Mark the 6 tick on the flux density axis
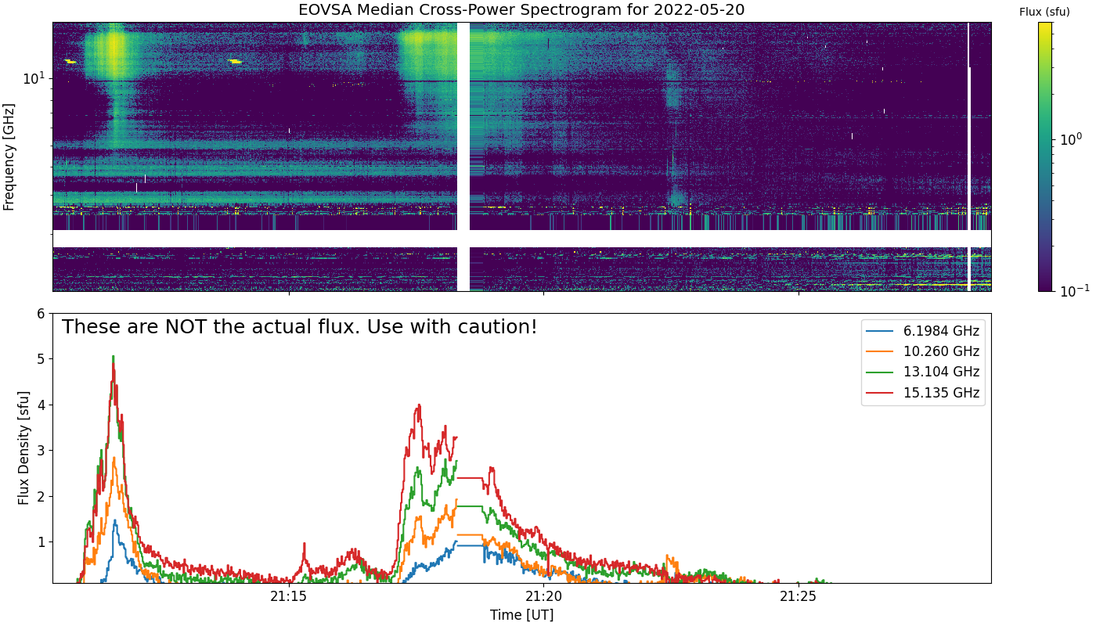coord(41,314)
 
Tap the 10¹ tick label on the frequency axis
coord(34,78)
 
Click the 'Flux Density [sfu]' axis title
coord(23,448)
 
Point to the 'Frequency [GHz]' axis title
coord(9,156)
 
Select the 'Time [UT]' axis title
coord(521,615)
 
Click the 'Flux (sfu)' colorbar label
coord(1044,12)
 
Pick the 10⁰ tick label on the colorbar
coord(1071,139)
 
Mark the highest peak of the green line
coord(114,357)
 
